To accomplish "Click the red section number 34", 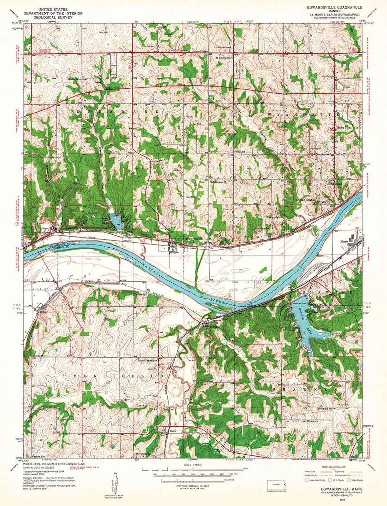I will tap(108, 280).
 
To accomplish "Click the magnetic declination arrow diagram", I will tap(114, 484).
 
